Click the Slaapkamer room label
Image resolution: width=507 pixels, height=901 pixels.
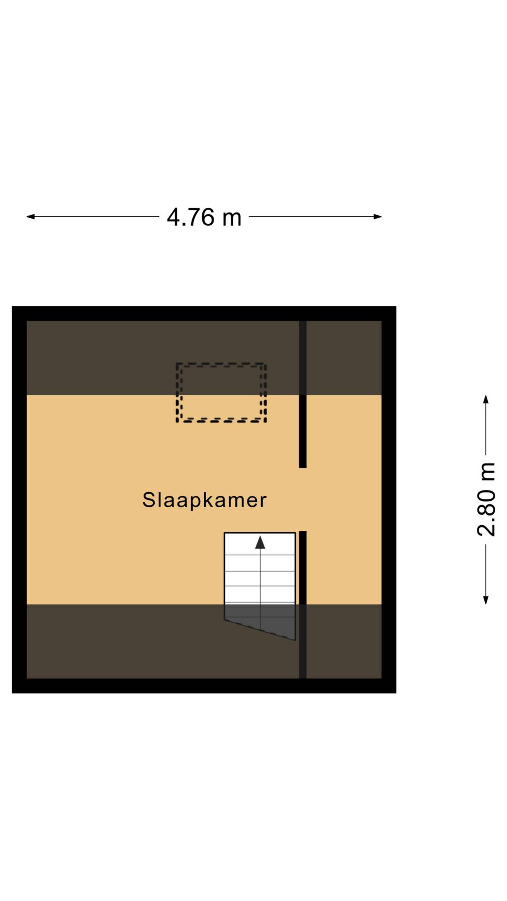pyautogui.click(x=204, y=500)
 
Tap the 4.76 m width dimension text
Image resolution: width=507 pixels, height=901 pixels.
pyautogui.click(x=204, y=217)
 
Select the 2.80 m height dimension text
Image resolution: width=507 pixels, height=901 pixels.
pyautogui.click(x=487, y=499)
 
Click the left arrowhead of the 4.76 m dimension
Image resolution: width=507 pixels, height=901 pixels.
pyautogui.click(x=31, y=216)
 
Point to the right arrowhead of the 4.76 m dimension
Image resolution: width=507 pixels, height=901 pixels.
pyautogui.click(x=377, y=216)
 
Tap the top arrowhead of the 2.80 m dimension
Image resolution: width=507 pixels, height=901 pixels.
pyautogui.click(x=486, y=399)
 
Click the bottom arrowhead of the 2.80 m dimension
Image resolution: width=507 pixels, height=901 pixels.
pyautogui.click(x=486, y=600)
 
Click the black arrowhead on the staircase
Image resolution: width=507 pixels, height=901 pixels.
pyautogui.click(x=260, y=542)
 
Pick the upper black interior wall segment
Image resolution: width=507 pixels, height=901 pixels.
pyautogui.click(x=303, y=394)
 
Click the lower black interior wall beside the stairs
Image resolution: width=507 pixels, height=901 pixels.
pyautogui.click(x=303, y=605)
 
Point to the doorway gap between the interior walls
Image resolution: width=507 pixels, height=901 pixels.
pyautogui.click(x=303, y=499)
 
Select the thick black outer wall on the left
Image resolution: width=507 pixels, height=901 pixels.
pyautogui.click(x=19, y=499)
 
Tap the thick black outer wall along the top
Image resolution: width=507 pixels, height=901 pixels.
pyautogui.click(x=204, y=313)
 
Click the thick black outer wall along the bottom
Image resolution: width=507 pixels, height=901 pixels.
pyautogui.click(x=204, y=686)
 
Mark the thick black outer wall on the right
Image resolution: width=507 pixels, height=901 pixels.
pyautogui.click(x=389, y=499)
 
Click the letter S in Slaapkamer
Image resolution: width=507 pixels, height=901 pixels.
pyautogui.click(x=149, y=500)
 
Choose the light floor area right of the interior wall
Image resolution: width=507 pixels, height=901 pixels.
pyautogui.click(x=344, y=499)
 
